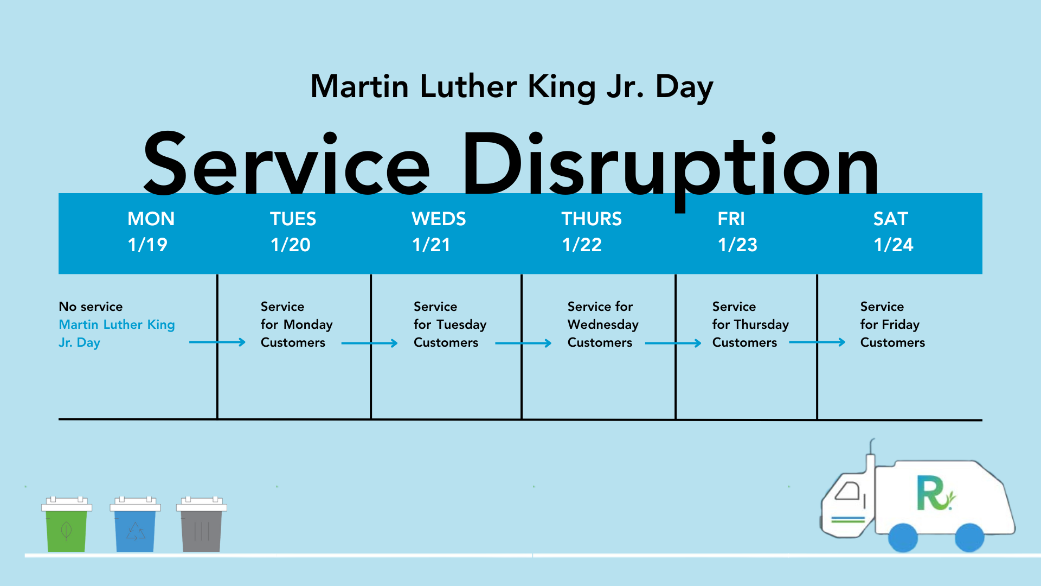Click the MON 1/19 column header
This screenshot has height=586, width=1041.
click(151, 232)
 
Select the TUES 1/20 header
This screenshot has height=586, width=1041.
click(293, 232)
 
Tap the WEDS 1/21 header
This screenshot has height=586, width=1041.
click(439, 232)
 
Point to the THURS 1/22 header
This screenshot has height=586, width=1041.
click(592, 232)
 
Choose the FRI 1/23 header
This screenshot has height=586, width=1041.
click(737, 232)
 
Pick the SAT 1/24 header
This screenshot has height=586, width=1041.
click(893, 232)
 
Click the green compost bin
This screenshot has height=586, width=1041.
click(67, 524)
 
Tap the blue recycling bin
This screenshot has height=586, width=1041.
click(135, 524)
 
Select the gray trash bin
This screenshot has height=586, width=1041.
click(202, 524)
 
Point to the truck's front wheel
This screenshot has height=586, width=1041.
click(903, 538)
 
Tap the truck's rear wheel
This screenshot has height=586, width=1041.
click(969, 538)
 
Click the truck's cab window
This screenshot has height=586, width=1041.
click(847, 492)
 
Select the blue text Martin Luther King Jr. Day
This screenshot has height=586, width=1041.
click(117, 334)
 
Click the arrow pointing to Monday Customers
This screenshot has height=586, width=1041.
click(217, 342)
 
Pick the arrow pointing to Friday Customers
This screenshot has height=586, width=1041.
click(817, 342)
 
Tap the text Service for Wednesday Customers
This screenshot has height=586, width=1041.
click(603, 324)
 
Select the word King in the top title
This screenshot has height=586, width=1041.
click(562, 87)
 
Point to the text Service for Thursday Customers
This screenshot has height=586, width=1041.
click(750, 324)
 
